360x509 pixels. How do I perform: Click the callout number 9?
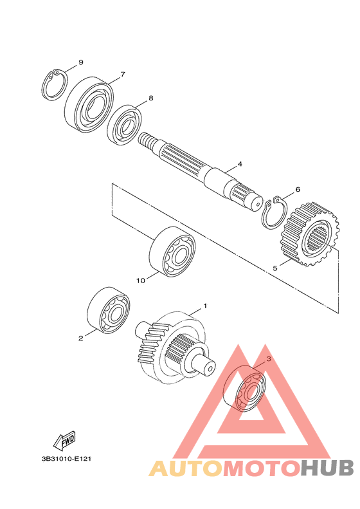81,62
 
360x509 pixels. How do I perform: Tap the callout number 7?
123,75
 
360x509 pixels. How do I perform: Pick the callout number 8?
151,98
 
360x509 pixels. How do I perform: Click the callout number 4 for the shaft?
240,164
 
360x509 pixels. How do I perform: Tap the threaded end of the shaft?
148,141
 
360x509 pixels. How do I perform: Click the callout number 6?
298,190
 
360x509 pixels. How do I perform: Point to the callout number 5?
275,268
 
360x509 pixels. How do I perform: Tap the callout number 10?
141,281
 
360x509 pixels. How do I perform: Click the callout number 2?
80,338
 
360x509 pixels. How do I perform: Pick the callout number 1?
205,306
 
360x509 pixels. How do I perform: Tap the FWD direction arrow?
65,441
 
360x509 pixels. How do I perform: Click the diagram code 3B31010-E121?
66,459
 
